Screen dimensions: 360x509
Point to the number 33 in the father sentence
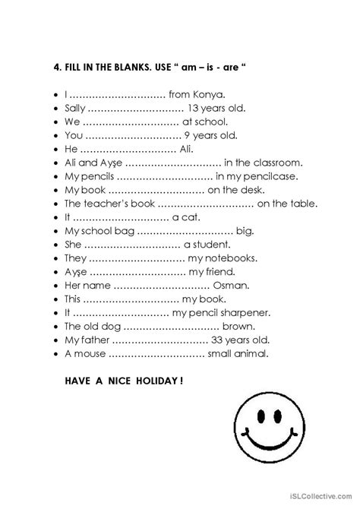[220, 340]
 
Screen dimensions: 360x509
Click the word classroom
[279, 162]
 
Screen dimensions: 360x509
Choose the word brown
[238, 326]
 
